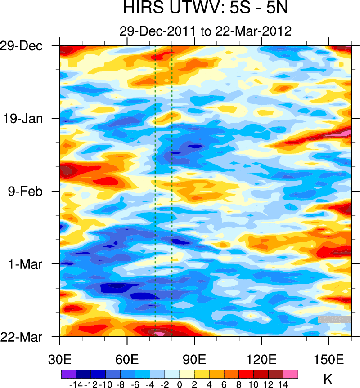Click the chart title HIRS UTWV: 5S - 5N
tap(206, 9)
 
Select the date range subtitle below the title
tap(206, 31)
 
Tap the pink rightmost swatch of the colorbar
tap(291, 374)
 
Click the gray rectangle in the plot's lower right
tap(334, 319)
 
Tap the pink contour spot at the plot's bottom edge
tap(159, 334)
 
